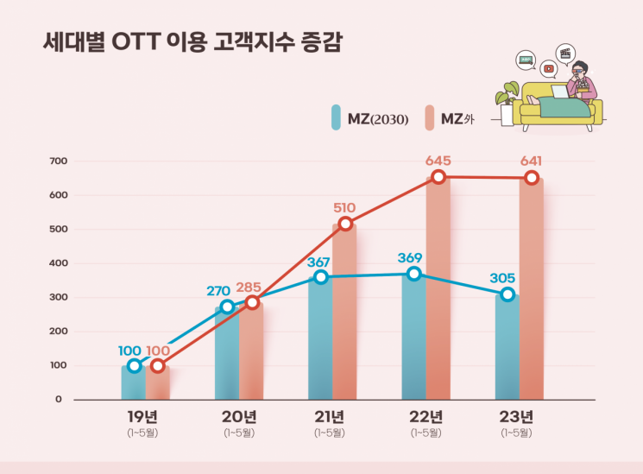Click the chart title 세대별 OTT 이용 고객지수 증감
pos(192,43)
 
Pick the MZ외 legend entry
pos(450,118)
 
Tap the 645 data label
pos(438,161)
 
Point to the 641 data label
pos(531,161)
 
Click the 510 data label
pos(344,207)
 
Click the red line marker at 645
pos(438,177)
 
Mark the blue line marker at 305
pos(507,294)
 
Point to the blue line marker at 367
pos(321,277)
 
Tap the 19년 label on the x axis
pos(145,416)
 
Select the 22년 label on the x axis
pos(426,416)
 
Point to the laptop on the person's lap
pos(559,92)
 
